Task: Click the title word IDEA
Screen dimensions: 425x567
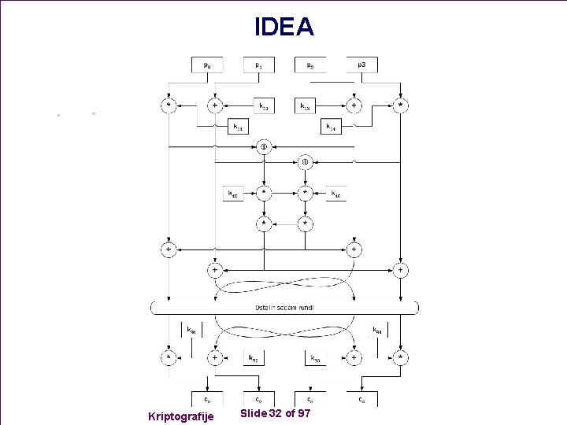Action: pos(283,28)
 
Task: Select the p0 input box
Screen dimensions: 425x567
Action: pos(208,65)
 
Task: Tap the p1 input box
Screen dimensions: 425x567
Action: pos(259,65)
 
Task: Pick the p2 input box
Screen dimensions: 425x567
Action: pos(310,65)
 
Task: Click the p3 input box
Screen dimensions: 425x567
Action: pos(361,65)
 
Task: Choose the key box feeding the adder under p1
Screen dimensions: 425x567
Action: pos(263,105)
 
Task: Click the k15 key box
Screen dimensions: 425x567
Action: pos(233,193)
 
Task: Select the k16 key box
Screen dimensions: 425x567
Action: pos(335,193)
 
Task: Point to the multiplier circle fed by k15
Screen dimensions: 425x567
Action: pos(264,192)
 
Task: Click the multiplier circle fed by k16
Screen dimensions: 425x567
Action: pos(305,192)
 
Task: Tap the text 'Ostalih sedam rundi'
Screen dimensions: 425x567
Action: pos(284,307)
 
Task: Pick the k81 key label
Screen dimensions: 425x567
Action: pos(191,331)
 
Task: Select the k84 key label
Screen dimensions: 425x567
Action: pos(377,331)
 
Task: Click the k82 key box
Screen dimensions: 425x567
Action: pos(254,358)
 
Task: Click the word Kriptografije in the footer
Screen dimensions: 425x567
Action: pos(180,415)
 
